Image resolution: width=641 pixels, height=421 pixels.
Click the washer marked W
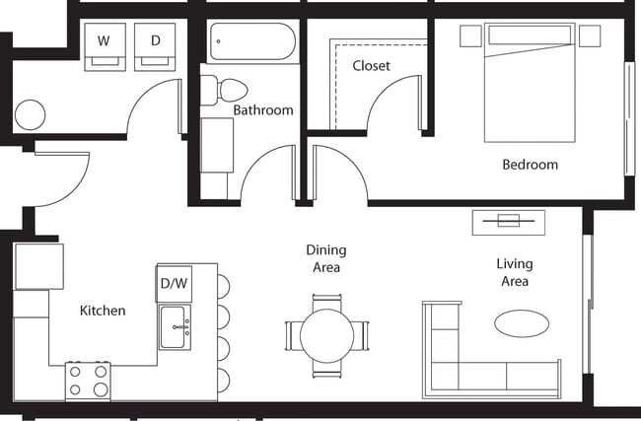[104, 44]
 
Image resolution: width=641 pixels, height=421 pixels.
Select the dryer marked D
[156, 44]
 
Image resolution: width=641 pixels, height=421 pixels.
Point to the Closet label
[371, 66]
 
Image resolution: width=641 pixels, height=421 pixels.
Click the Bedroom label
[530, 165]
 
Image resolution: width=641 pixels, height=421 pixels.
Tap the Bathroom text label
[263, 110]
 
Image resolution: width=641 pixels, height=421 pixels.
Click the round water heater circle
[30, 114]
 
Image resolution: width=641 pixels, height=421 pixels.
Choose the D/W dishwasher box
[174, 283]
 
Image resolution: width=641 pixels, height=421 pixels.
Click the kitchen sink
[177, 326]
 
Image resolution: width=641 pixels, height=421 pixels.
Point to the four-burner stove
[88, 381]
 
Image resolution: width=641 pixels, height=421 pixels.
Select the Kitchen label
[103, 311]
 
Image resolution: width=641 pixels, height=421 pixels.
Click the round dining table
[326, 336]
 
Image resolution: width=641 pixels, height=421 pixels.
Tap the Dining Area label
[325, 258]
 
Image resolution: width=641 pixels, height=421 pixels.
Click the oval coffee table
[521, 322]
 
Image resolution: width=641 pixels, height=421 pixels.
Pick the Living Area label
[514, 272]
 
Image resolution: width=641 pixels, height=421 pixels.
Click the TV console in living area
[508, 220]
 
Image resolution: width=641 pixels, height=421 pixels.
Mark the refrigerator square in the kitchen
[38, 265]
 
